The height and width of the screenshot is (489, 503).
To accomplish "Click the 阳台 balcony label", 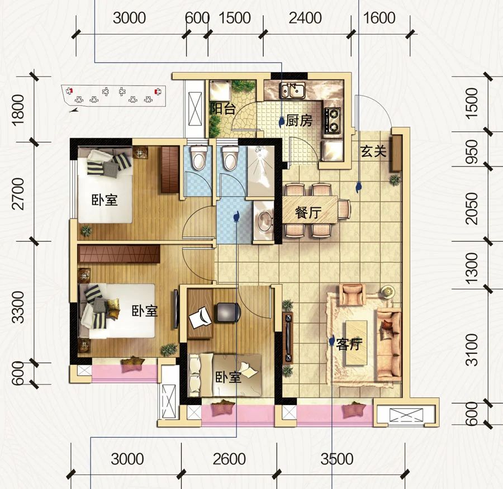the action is pos(222,109).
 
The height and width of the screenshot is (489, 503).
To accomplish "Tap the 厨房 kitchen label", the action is pos(298,121).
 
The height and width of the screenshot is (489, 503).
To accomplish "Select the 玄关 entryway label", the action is pos(373,151).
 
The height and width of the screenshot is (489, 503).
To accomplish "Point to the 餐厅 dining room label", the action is pos(309,212).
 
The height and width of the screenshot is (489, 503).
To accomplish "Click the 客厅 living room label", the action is pos(349,344).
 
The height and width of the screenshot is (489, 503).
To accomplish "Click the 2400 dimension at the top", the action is pos(305,18).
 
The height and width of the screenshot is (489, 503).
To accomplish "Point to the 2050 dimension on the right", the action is pos(472,208).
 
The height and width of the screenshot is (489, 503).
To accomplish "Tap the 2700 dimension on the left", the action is pos(18,194).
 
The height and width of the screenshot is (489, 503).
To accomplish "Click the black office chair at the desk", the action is pos(229,312).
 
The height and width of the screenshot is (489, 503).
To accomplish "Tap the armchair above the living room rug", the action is pos(353,294).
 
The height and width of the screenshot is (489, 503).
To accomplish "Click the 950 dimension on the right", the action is pos(472,151).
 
